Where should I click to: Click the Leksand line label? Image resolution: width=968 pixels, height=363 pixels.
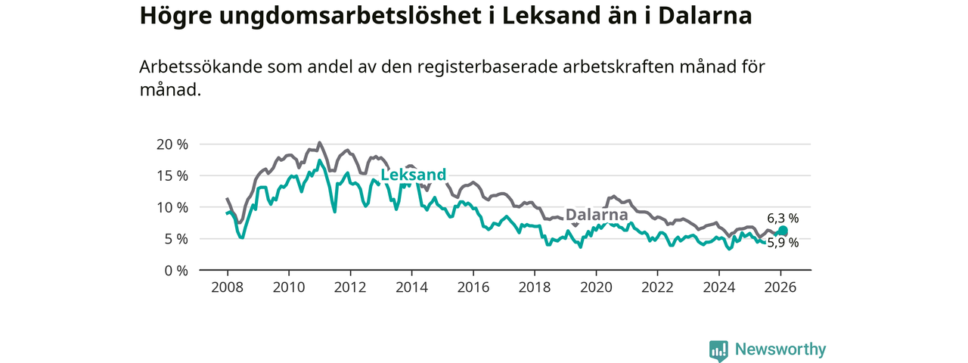(413, 175)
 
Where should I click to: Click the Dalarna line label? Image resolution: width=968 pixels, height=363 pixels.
(597, 215)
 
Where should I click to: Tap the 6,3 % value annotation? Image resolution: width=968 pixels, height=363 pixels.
(782, 219)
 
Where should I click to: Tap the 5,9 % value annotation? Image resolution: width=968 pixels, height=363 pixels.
(783, 243)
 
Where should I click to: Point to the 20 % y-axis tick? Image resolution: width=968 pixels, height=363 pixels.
(172, 144)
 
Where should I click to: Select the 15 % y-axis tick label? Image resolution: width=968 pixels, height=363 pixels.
(172, 175)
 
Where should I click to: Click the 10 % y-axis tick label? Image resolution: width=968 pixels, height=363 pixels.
(172, 207)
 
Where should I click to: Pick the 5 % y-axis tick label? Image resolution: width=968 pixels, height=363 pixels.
(175, 238)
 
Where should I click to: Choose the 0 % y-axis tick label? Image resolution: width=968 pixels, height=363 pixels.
(175, 270)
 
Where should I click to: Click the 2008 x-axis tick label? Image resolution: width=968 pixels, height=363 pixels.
(227, 287)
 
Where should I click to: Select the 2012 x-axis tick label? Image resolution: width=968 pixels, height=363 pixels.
(350, 287)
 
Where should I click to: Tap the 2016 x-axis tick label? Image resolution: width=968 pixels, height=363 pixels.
(473, 287)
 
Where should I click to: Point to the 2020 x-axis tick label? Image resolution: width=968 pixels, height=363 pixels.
(596, 287)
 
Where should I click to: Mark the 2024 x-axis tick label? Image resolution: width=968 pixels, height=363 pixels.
(719, 287)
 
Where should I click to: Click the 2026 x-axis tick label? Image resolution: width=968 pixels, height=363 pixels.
(780, 287)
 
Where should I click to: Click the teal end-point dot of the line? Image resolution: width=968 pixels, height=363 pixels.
(783, 231)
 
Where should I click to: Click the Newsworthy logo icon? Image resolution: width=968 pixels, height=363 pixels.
(718, 350)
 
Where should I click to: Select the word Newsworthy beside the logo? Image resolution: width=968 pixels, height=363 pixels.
(780, 349)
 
